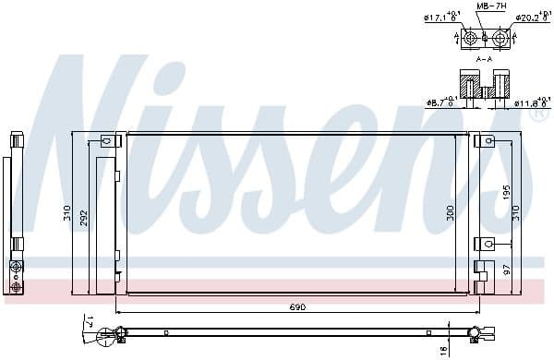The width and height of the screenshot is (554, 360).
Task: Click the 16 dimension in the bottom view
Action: (443, 349)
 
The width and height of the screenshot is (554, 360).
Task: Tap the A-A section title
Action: (484, 58)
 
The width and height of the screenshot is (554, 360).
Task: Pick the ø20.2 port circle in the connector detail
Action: (500, 37)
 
